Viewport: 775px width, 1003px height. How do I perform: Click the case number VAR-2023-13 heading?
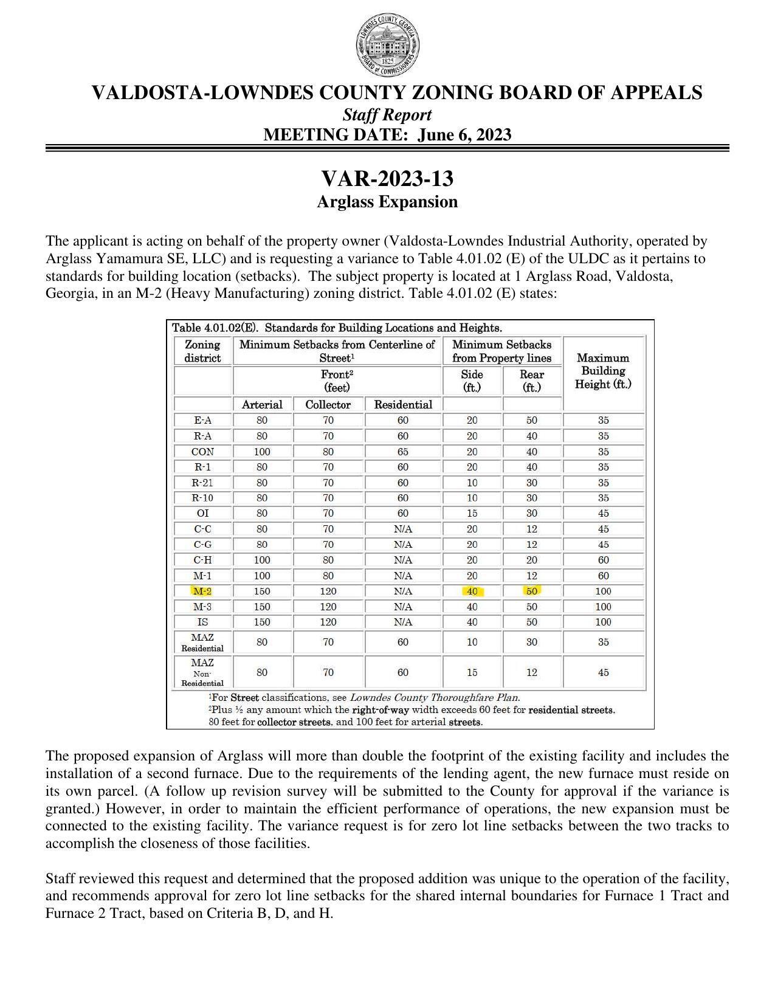pyautogui.click(x=387, y=179)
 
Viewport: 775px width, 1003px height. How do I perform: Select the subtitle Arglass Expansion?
pyautogui.click(x=387, y=202)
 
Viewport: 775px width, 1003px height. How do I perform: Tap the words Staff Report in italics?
pyautogui.click(x=387, y=115)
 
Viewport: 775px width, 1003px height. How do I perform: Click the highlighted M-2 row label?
pyautogui.click(x=202, y=591)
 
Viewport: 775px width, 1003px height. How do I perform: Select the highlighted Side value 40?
pyautogui.click(x=472, y=591)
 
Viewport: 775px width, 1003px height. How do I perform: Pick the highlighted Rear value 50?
pyautogui.click(x=531, y=591)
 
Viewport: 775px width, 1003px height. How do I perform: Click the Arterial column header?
pyautogui.click(x=262, y=405)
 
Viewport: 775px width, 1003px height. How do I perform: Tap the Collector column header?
pyautogui.click(x=328, y=405)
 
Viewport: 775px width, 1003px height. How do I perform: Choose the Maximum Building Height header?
pyautogui.click(x=603, y=371)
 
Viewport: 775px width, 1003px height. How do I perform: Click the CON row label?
pyautogui.click(x=202, y=452)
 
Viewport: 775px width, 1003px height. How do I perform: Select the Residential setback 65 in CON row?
pyautogui.click(x=402, y=452)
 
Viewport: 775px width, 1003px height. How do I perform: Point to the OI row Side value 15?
pyautogui.click(x=472, y=514)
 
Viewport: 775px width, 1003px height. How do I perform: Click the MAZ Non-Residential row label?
pyautogui.click(x=202, y=672)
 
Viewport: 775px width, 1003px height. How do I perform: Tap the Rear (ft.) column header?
pyautogui.click(x=531, y=381)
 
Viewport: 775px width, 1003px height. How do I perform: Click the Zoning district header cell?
pyautogui.click(x=202, y=351)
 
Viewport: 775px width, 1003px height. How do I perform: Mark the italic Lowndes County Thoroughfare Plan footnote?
pyautogui.click(x=435, y=698)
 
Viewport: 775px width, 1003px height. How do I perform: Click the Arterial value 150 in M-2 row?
pyautogui.click(x=262, y=591)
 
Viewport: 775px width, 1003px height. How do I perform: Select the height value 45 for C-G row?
pyautogui.click(x=603, y=545)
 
